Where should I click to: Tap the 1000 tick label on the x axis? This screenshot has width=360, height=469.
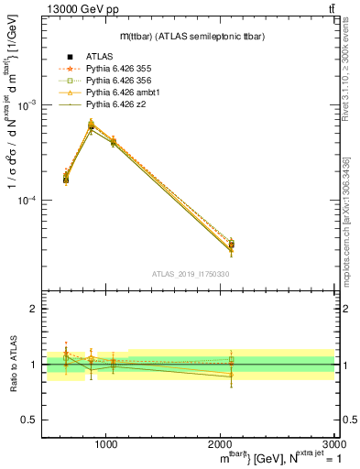[x=105, y=443]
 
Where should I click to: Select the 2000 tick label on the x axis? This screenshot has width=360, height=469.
[x=220, y=443]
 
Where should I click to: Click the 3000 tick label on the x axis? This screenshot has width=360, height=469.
[x=333, y=443]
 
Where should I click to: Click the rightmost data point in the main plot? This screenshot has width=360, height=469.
[x=231, y=245]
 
